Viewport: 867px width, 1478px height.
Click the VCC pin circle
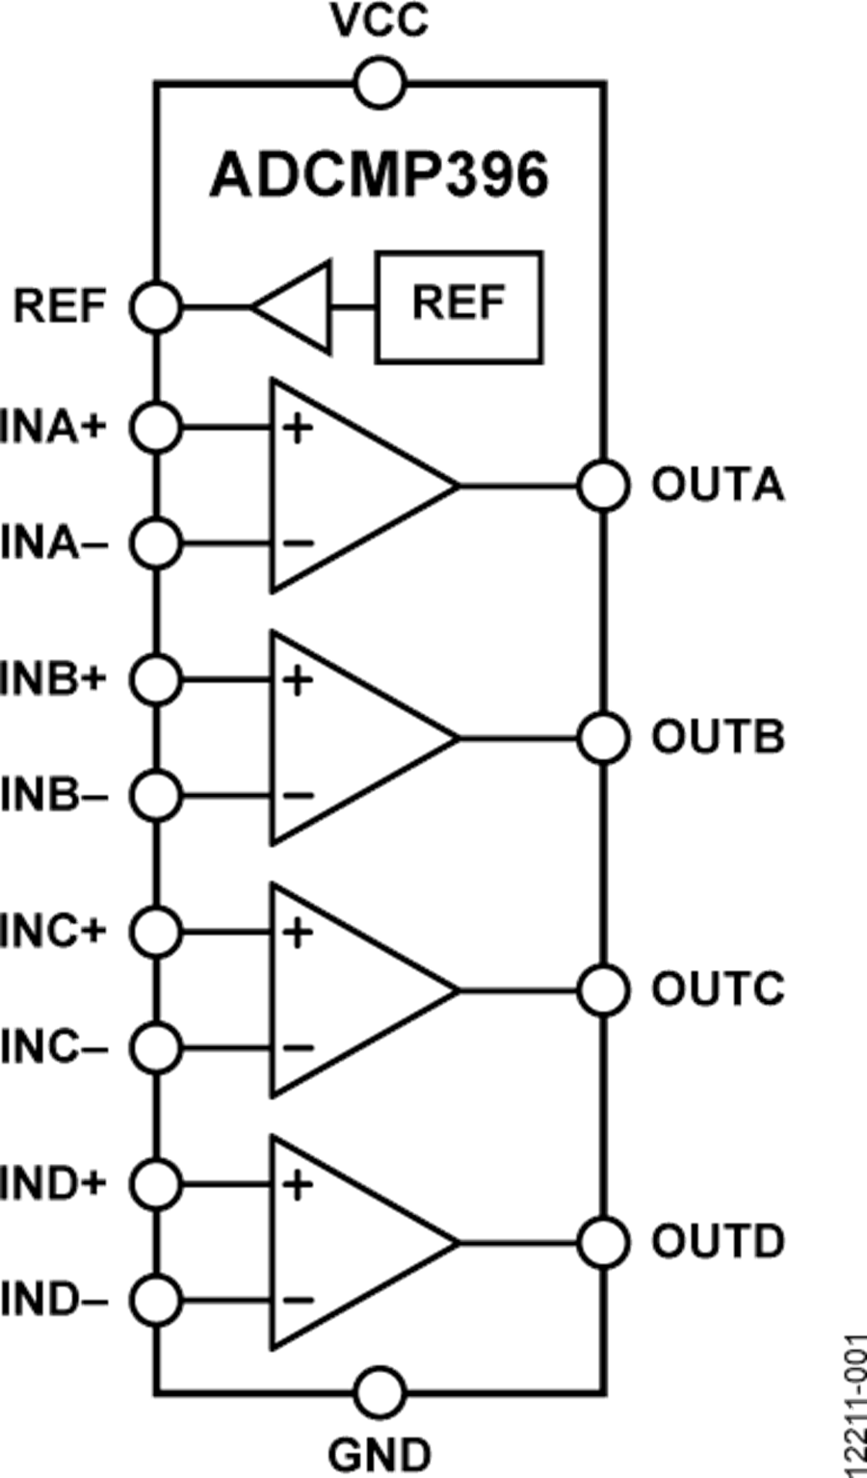pos(379,84)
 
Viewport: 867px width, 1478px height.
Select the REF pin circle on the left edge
pos(156,307)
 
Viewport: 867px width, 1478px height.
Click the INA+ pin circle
pos(156,427)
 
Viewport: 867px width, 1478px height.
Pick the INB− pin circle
pos(156,795)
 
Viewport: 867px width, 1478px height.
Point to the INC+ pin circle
pos(156,932)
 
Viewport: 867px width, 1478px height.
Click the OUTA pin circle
pos(603,485)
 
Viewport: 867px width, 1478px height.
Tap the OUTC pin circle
pos(603,990)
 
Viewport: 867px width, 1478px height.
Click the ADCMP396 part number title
pos(379,176)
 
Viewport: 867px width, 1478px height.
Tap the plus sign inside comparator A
pos(298,428)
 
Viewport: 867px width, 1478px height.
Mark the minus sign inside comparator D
pos(298,1299)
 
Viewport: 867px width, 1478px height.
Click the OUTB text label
pos(718,737)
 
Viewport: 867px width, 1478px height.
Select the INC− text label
pos(54,1047)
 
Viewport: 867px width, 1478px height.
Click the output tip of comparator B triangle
pos(457,737)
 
